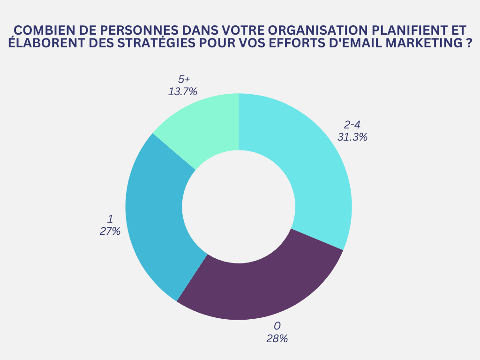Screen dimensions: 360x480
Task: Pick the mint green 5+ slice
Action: (206, 124)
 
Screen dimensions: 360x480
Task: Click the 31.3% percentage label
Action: (352, 137)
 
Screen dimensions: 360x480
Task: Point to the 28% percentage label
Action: (277, 338)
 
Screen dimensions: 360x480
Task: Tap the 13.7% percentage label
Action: (182, 91)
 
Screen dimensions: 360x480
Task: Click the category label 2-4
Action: (352, 125)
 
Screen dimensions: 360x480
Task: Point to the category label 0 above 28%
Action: (277, 326)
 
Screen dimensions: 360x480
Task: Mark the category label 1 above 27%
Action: (110, 219)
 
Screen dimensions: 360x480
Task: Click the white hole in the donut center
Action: (239, 207)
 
